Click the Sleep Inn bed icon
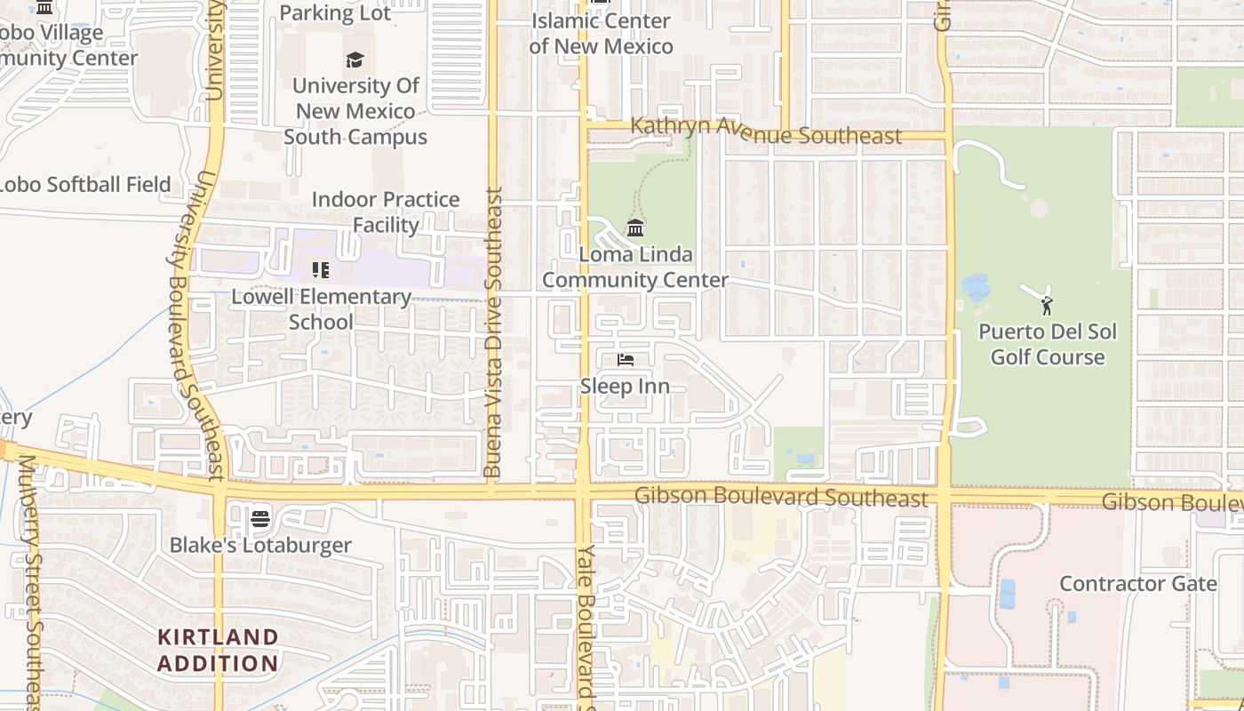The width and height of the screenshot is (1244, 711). pos(626,360)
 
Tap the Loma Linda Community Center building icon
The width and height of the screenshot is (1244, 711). pos(635,228)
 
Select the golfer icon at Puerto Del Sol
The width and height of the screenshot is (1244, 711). pos(1047,306)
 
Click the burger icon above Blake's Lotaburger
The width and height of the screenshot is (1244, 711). pos(260,518)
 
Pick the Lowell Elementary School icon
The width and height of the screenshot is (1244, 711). pos(321,269)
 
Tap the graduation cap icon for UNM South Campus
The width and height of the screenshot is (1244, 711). pos(355,60)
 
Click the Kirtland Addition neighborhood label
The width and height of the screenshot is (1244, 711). pos(218,650)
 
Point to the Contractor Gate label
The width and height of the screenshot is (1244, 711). pos(1137,584)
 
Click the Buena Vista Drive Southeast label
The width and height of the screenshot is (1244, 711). pos(493,331)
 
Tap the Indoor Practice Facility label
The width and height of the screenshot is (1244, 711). pos(386,212)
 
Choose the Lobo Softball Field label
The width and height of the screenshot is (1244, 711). pos(84,185)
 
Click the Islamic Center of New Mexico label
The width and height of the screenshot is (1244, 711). pos(601,33)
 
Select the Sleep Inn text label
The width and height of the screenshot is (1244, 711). pos(625,387)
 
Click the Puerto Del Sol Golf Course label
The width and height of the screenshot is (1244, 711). pos(1048,344)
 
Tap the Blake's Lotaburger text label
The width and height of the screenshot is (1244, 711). pos(260,545)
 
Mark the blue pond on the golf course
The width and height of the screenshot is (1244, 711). pos(977,288)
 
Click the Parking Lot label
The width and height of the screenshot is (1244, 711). pos(335,12)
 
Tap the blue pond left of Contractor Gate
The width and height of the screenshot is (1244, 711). pos(1007,593)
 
